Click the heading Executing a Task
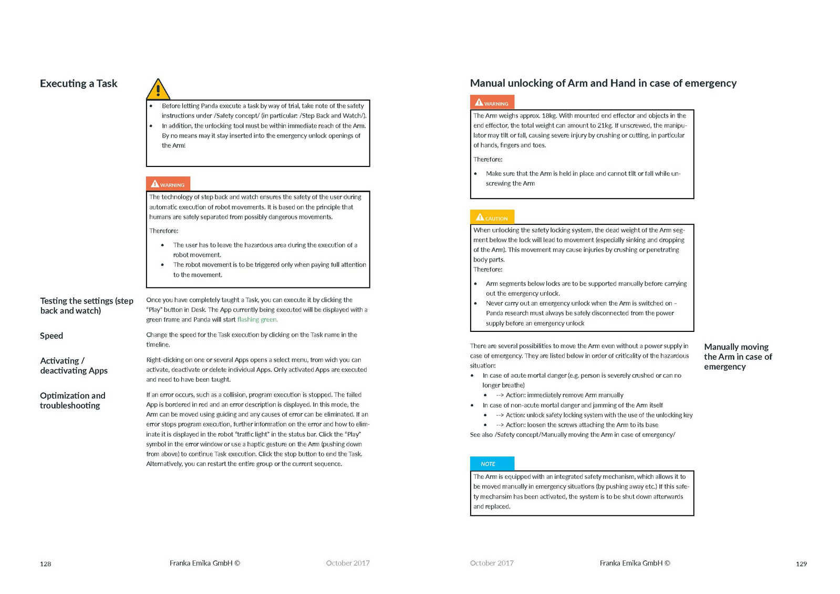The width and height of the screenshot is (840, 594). click(78, 84)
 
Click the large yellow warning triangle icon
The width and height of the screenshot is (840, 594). click(158, 90)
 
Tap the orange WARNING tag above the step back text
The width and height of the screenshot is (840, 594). click(168, 184)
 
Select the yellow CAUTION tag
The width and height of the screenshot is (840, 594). click(492, 217)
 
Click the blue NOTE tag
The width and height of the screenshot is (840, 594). click(492, 464)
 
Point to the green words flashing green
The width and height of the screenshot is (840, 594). click(257, 319)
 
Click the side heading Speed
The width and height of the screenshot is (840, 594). click(51, 336)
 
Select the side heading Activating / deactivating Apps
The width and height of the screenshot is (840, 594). click(74, 366)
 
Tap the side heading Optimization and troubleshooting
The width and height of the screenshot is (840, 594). click(72, 400)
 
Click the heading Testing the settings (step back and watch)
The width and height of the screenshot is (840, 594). click(86, 306)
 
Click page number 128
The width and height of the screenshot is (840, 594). click(46, 564)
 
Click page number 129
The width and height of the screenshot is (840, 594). click(801, 564)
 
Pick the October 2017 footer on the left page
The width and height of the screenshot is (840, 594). click(348, 563)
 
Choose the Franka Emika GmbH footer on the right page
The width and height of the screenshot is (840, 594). click(635, 563)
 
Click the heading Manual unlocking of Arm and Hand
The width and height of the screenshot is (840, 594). click(603, 83)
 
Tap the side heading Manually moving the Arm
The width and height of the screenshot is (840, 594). click(738, 357)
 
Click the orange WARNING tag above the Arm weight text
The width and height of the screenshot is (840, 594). click(492, 102)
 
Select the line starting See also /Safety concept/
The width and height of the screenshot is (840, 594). click(572, 435)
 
